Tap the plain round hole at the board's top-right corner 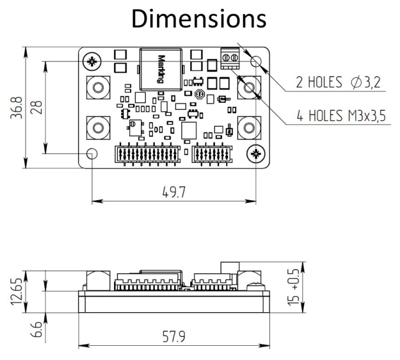coord(256,61)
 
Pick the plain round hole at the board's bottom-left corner coord(92,154)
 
